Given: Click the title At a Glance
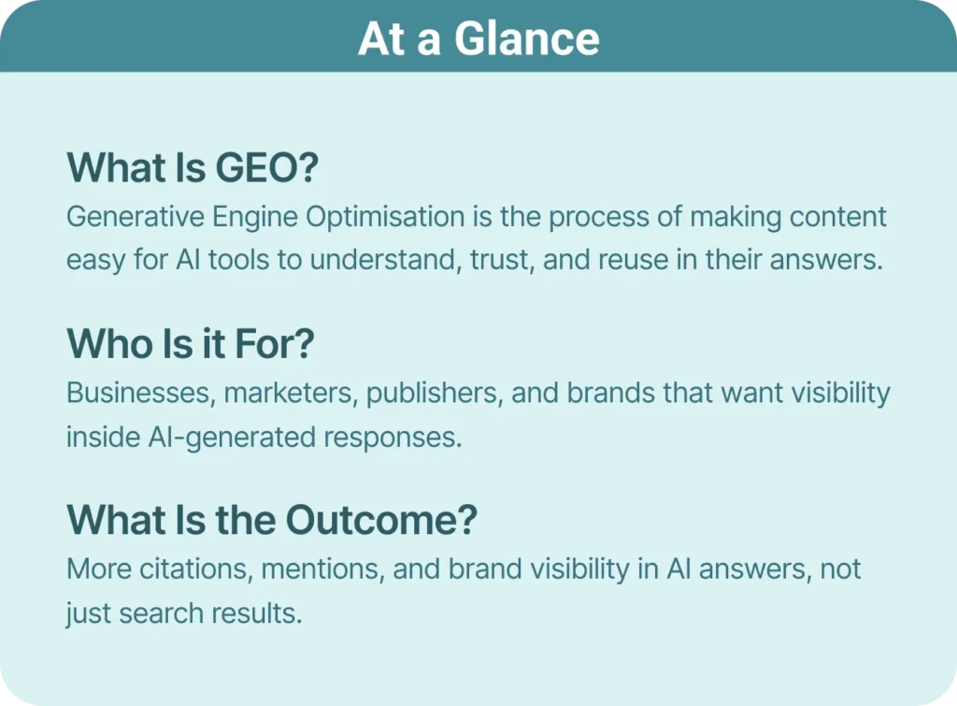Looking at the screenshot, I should (x=478, y=38).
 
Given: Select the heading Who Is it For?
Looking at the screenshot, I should (x=190, y=344).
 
